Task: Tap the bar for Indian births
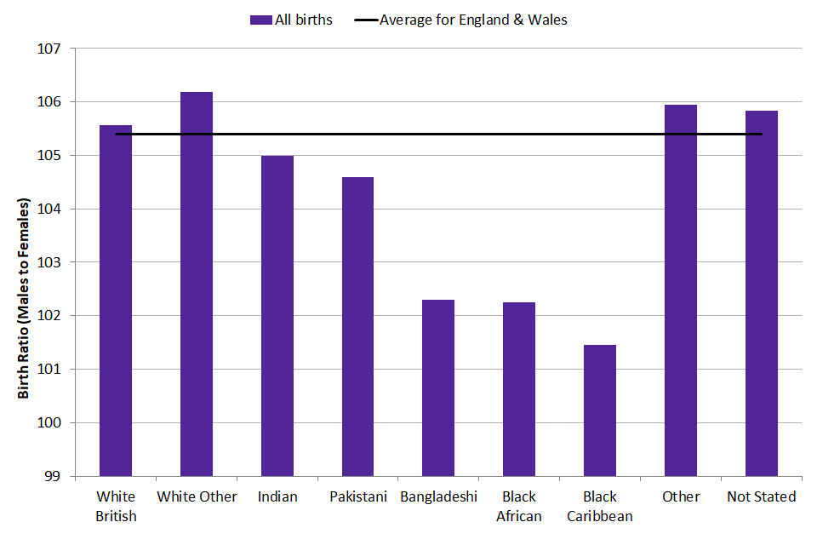(277, 315)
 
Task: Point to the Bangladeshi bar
(438, 387)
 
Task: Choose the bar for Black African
(519, 388)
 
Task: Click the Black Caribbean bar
(600, 410)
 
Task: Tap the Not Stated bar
(762, 293)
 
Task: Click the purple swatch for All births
(261, 20)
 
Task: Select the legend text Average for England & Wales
(473, 20)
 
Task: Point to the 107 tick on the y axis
(53, 49)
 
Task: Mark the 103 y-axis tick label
(53, 262)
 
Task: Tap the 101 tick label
(53, 370)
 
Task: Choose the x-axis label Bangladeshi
(438, 496)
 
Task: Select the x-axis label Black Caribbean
(600, 506)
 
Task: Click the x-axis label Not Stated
(762, 496)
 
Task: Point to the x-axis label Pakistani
(357, 496)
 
